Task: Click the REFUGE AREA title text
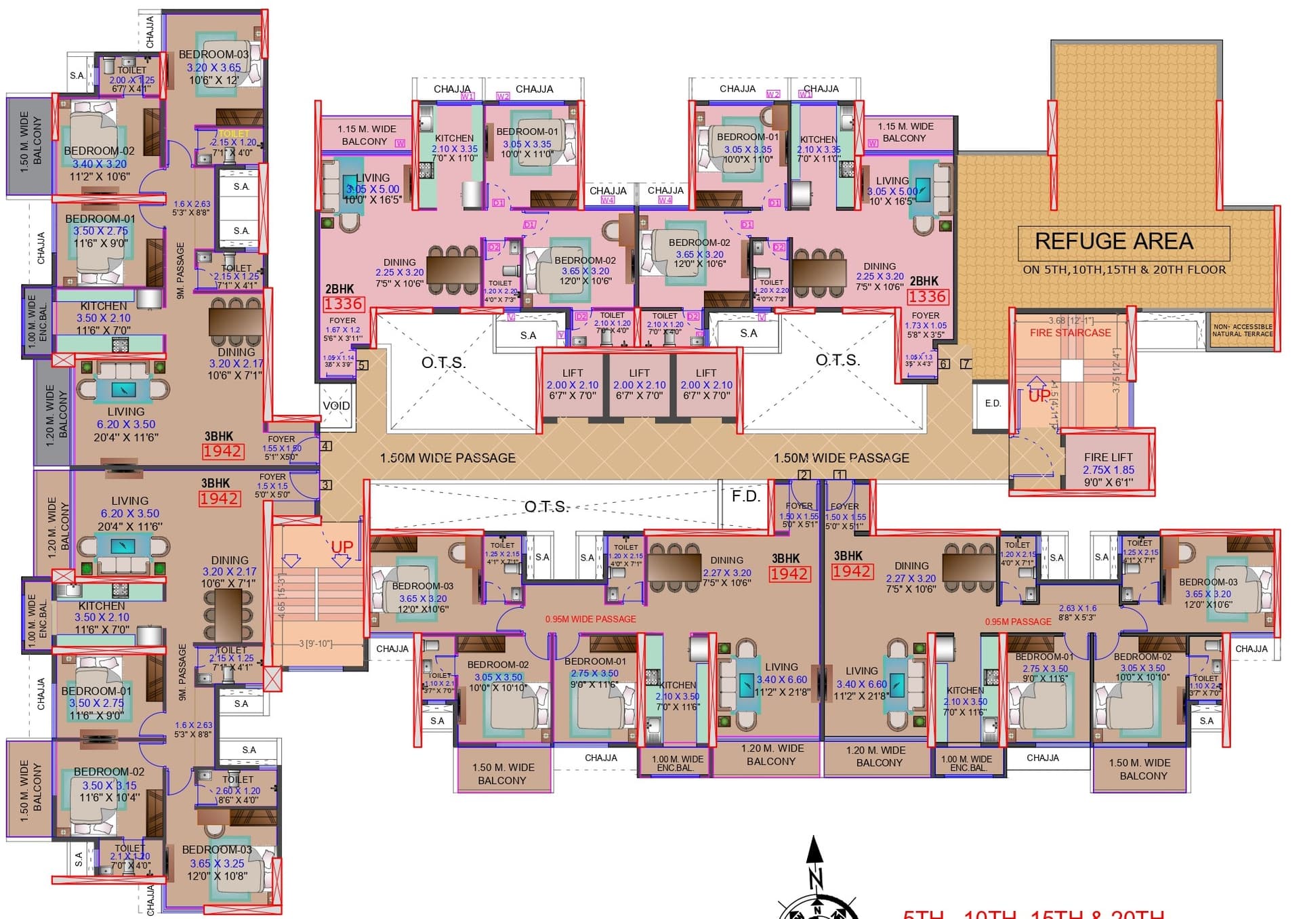pos(1114,242)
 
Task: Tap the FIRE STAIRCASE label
pos(1070,333)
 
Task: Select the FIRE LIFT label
pos(1108,457)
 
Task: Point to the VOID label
pos(336,405)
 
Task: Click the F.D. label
pos(745,496)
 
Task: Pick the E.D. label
pos(993,403)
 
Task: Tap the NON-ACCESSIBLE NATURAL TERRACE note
pos(1242,330)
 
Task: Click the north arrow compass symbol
pos(815,881)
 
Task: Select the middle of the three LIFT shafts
pos(639,384)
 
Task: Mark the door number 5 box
pos(363,366)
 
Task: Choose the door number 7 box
pos(966,364)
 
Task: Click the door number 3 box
pos(326,485)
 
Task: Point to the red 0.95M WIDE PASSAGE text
pos(590,619)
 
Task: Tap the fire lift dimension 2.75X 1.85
pos(1108,470)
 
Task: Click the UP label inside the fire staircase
pos(1039,396)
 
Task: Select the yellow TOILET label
pos(234,134)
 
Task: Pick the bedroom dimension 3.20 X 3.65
pos(213,68)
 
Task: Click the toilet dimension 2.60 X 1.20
pos(238,790)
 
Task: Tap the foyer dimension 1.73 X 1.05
pos(926,325)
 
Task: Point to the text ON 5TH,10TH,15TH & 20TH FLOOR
pos(1123,270)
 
